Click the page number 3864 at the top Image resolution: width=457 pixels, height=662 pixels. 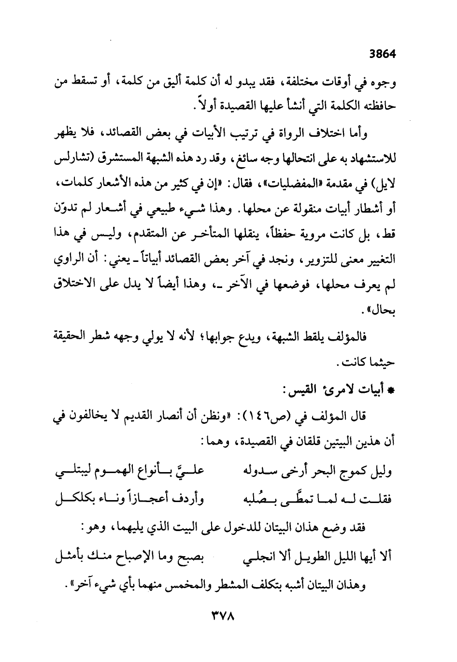[382, 54]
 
